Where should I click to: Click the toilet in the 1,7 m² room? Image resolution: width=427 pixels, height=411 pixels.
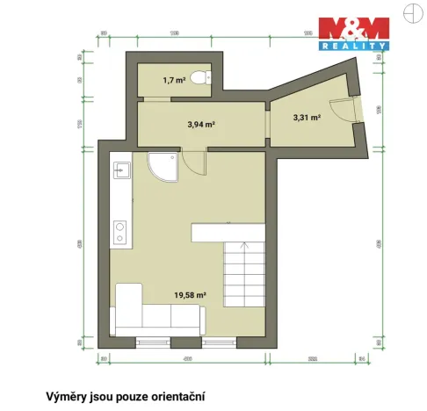(x=201, y=78)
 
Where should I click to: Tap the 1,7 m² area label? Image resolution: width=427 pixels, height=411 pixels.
(x=173, y=81)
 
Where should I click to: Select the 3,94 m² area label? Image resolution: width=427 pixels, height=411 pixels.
(x=201, y=125)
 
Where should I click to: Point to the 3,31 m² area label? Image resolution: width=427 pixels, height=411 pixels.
(x=306, y=117)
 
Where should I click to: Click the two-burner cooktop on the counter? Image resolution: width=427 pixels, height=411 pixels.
(x=120, y=231)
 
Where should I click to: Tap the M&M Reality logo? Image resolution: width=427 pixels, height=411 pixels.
(x=353, y=32)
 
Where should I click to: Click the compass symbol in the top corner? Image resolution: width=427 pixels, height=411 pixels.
(x=409, y=11)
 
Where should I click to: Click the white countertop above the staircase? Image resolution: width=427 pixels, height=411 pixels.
(x=227, y=231)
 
